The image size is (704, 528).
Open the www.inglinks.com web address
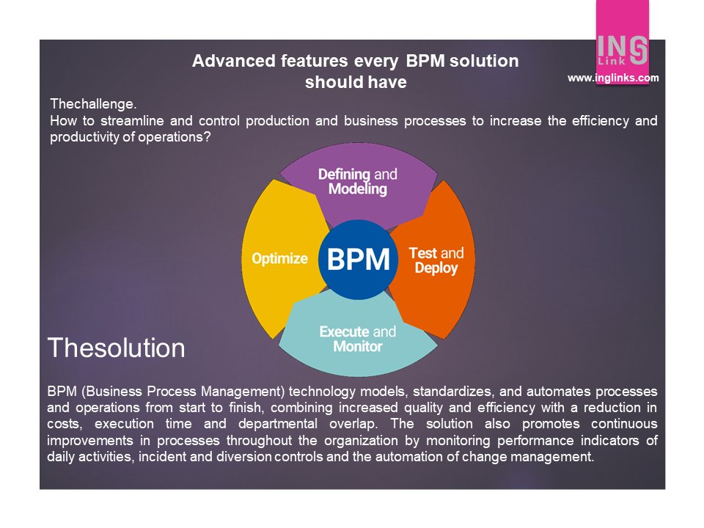click(613, 78)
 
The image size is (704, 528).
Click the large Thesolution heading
click(117, 348)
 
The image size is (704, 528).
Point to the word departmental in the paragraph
click(274, 425)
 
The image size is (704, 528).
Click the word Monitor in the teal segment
click(358, 346)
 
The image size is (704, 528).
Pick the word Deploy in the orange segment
click(436, 268)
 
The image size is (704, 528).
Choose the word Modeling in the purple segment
click(357, 189)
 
